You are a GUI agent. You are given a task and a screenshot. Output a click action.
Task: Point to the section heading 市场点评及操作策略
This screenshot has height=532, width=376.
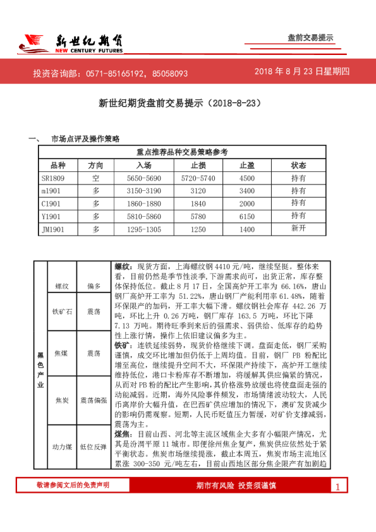85,138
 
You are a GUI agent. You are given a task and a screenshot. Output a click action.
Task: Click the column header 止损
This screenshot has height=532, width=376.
198,165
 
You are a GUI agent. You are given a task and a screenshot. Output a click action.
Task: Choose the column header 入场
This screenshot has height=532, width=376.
143,165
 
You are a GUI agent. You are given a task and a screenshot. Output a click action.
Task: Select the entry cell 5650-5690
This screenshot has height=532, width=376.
143,178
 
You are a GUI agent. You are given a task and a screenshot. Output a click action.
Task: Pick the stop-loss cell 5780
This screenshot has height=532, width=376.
198,217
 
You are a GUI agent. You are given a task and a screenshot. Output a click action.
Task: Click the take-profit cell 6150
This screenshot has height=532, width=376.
247,217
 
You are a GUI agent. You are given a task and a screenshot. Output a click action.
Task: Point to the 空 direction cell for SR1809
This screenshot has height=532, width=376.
96,178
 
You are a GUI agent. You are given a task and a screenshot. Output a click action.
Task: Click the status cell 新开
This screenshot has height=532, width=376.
298,229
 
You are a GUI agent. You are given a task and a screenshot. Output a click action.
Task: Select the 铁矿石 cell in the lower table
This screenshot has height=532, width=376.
62,311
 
